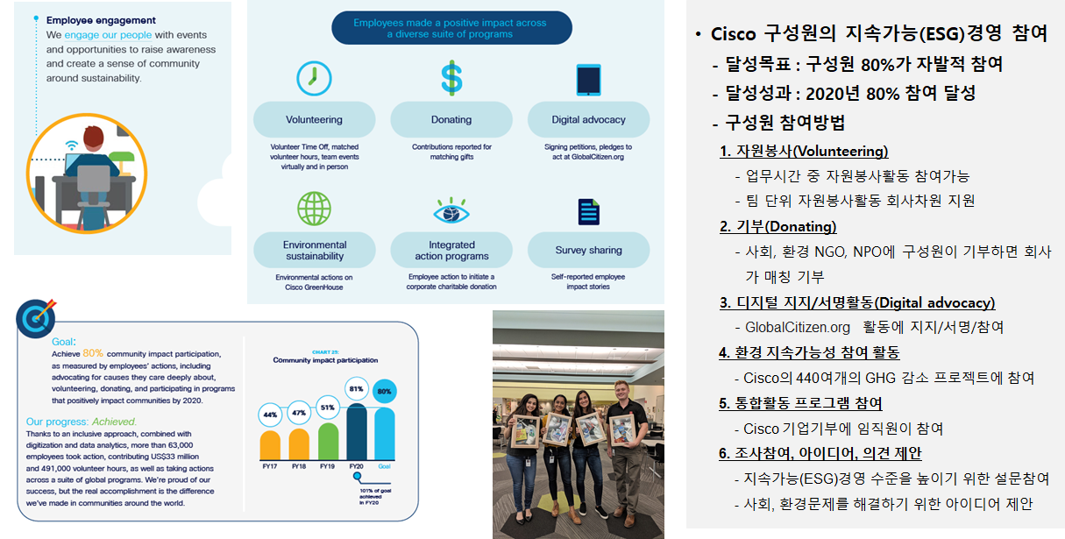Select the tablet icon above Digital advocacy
click(x=588, y=79)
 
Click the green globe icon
click(x=313, y=209)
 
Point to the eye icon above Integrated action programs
click(x=452, y=211)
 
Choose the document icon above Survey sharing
click(x=588, y=212)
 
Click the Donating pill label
click(x=451, y=119)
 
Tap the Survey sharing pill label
click(x=588, y=250)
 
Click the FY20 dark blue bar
click(x=357, y=429)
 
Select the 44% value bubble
click(x=270, y=414)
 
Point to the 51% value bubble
click(x=328, y=408)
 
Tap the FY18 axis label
click(x=299, y=467)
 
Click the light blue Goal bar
click(x=384, y=434)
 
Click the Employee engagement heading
click(x=101, y=20)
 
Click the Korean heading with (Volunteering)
click(x=804, y=151)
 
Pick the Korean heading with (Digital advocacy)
click(x=857, y=303)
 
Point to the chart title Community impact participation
click(x=325, y=360)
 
